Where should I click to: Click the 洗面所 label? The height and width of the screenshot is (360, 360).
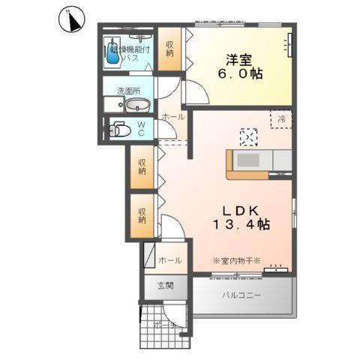tap(127, 91)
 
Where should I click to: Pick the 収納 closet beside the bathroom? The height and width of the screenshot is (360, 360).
tap(169, 50)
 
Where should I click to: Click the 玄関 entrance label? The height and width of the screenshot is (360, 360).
tap(166, 286)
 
